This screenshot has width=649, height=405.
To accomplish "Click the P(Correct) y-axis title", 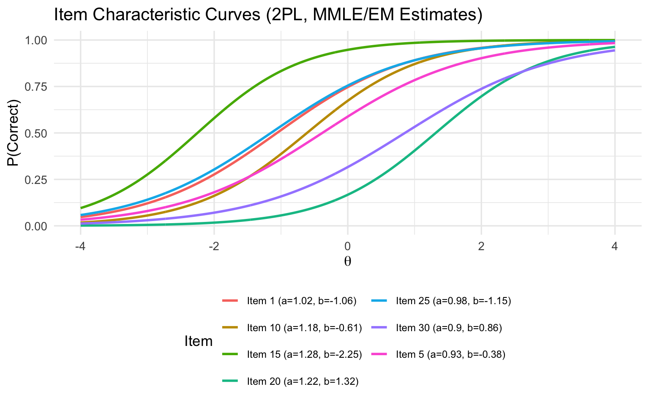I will pos(16,133).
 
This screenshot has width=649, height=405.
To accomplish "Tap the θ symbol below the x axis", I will pos(348,262).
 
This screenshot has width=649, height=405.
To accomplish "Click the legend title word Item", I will pos(199,341).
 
